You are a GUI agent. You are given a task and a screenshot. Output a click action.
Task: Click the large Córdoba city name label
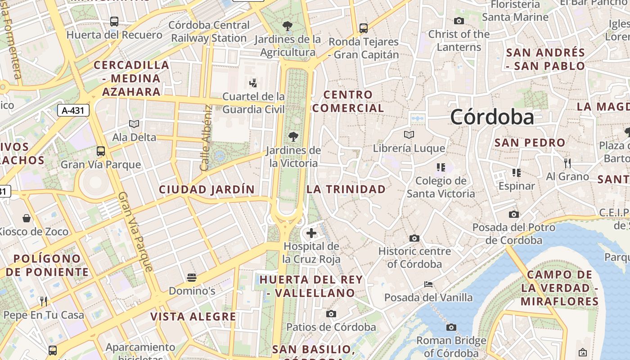[492, 117]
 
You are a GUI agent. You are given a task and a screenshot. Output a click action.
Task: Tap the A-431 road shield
[73, 110]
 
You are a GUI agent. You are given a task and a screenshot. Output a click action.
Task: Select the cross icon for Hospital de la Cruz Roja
[311, 233]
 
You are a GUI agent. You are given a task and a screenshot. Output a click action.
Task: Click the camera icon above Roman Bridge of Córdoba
[451, 327]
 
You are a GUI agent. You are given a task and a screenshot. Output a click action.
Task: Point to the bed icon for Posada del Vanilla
[428, 284]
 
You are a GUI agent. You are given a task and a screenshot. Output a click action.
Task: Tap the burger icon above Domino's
[192, 277]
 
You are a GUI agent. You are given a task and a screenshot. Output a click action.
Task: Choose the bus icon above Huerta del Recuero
[114, 21]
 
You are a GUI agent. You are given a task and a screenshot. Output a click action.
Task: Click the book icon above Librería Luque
[409, 135]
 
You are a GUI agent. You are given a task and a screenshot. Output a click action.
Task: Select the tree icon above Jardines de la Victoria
[293, 136]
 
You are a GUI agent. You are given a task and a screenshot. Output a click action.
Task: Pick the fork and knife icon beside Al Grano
[567, 163]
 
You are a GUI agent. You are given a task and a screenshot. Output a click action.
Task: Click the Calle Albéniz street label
[206, 138]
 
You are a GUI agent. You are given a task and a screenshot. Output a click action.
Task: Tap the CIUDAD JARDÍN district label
[207, 189]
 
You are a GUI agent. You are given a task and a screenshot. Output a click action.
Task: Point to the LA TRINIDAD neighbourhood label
[346, 189]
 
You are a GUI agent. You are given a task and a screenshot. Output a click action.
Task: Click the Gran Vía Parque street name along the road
[135, 232]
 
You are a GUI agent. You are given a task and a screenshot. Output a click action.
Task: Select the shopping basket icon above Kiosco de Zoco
[27, 218]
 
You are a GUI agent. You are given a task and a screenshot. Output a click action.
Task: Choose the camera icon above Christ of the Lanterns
[459, 21]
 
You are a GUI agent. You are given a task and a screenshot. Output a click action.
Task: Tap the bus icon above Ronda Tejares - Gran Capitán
[364, 28]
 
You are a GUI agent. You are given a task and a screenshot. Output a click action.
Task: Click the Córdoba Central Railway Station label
[209, 31]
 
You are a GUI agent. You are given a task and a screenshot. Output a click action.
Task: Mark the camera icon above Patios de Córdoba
[331, 314]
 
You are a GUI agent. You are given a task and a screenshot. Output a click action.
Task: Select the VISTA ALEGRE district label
[193, 317]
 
